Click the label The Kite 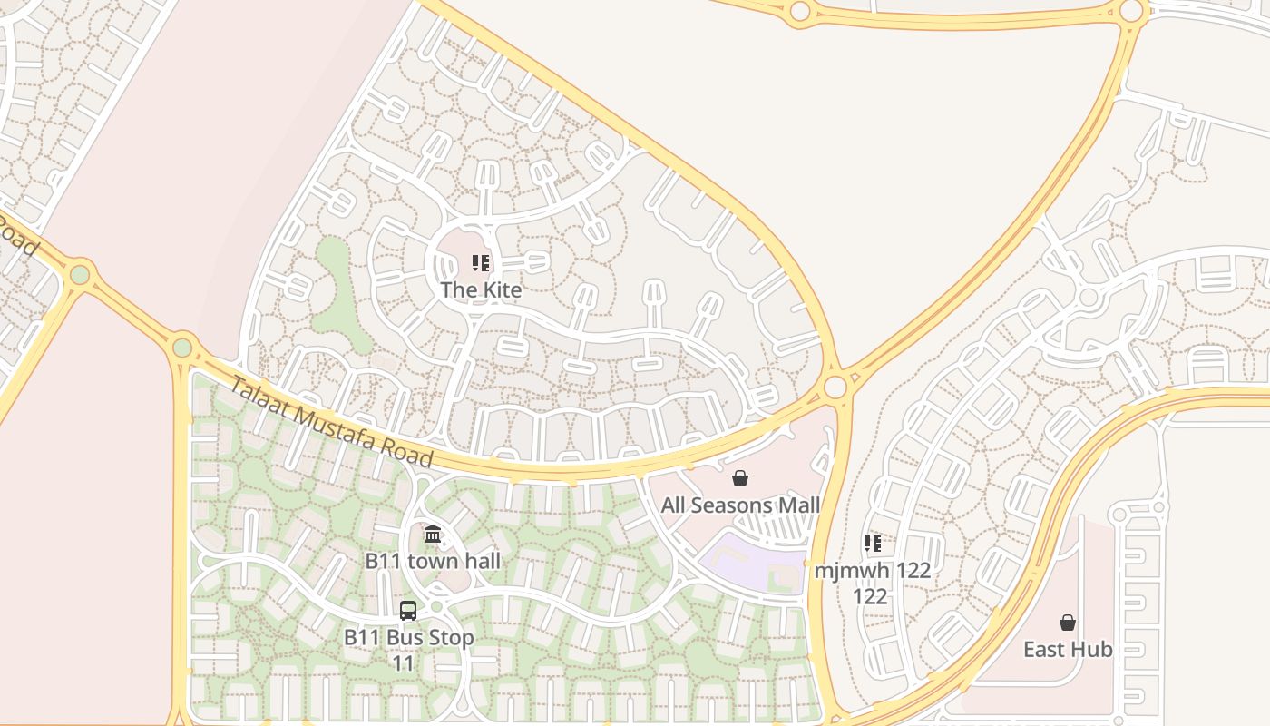(481, 290)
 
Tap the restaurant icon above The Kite (481, 264)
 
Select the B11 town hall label (433, 561)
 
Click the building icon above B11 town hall (433, 535)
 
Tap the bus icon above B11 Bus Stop (408, 611)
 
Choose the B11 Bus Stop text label (408, 637)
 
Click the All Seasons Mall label (740, 505)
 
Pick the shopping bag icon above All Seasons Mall (740, 478)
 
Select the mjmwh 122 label (872, 571)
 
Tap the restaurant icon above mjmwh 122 (872, 544)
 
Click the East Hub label (1068, 650)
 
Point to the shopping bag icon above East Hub (1068, 623)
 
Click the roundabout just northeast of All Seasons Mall (835, 388)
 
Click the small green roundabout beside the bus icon (436, 606)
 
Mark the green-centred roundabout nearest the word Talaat (183, 347)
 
